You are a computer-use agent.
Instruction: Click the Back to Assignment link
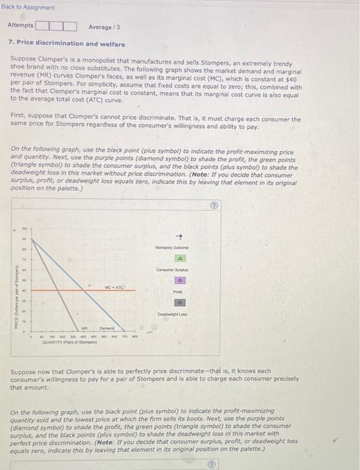28,7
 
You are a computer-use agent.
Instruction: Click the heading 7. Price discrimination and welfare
66,44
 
